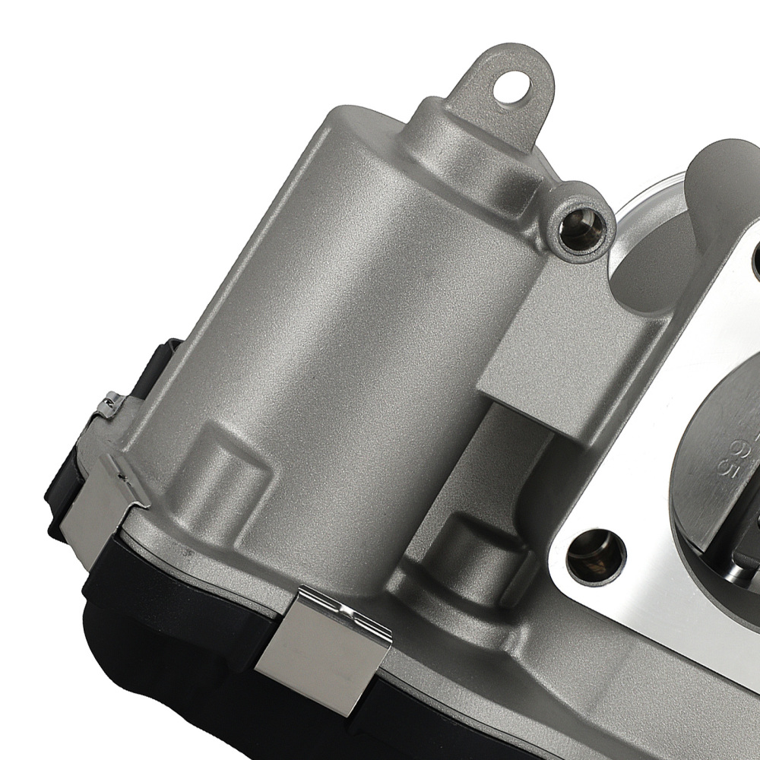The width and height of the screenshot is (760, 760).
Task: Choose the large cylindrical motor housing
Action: (327, 304)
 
